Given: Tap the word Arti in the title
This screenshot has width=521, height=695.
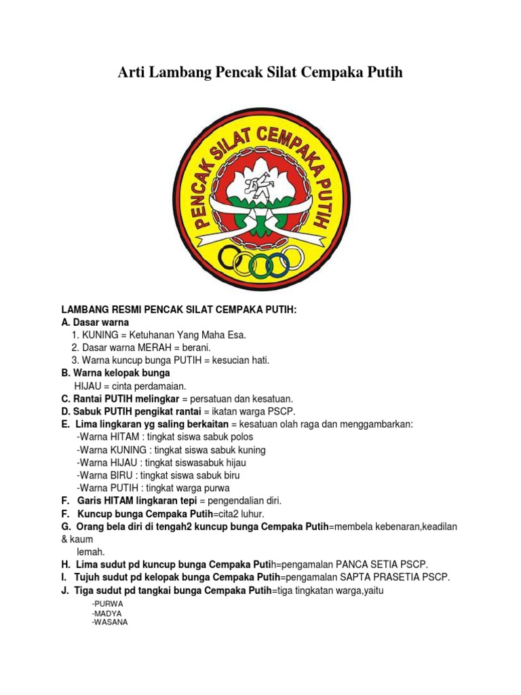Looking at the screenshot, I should (x=132, y=72).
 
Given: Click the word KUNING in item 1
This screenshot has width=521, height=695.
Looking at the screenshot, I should (x=100, y=335).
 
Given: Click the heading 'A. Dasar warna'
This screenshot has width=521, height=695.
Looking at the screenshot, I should (x=95, y=322).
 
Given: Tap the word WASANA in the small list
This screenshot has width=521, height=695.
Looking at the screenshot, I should (x=109, y=622).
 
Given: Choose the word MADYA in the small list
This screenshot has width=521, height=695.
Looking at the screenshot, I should (x=107, y=613).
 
